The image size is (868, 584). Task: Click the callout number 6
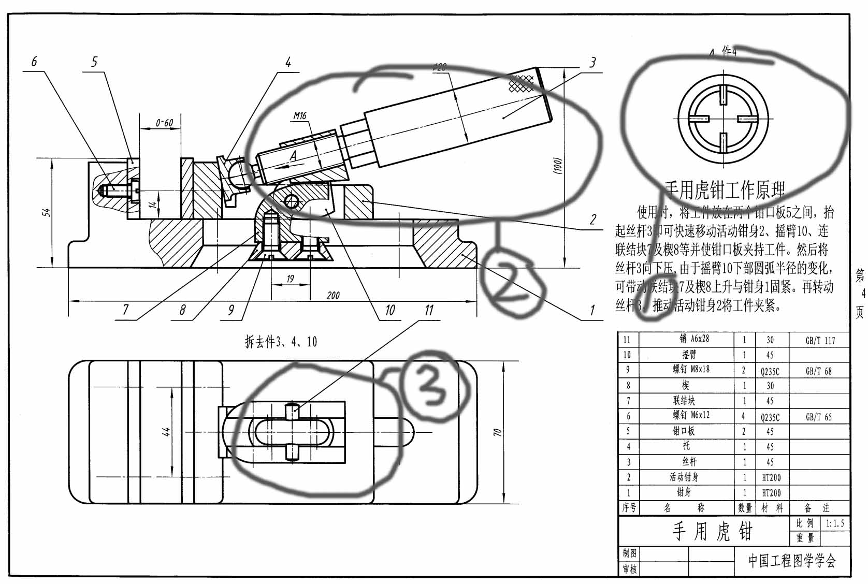(x=34, y=62)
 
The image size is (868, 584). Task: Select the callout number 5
(x=94, y=62)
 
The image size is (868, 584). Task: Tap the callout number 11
(x=429, y=310)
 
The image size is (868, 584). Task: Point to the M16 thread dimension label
(x=300, y=116)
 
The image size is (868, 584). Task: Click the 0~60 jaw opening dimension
(x=164, y=123)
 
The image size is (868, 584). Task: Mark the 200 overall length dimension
(x=333, y=295)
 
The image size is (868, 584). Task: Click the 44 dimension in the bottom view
(x=167, y=432)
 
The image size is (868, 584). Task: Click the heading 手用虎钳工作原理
(x=725, y=191)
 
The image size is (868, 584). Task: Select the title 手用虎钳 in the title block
(x=712, y=532)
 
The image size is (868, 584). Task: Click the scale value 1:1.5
(x=835, y=523)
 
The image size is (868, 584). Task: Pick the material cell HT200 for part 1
(x=771, y=493)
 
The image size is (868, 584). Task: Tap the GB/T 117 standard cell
(x=820, y=341)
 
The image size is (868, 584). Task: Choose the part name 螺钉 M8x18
(x=691, y=370)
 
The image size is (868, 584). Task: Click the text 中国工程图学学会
(x=792, y=561)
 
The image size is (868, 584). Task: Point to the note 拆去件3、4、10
(x=281, y=342)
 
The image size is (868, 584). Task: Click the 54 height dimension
(x=47, y=212)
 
